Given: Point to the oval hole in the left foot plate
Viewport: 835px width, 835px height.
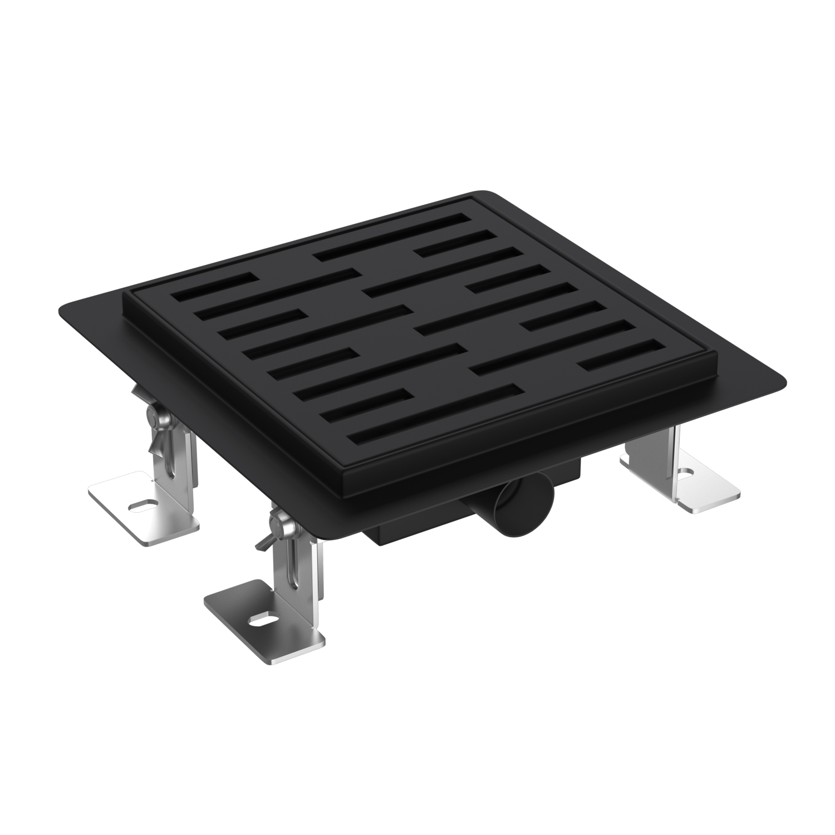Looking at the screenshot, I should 143,505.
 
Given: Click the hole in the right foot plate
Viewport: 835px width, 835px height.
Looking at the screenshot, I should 685,473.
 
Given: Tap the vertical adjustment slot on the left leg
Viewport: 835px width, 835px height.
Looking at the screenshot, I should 170,456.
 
